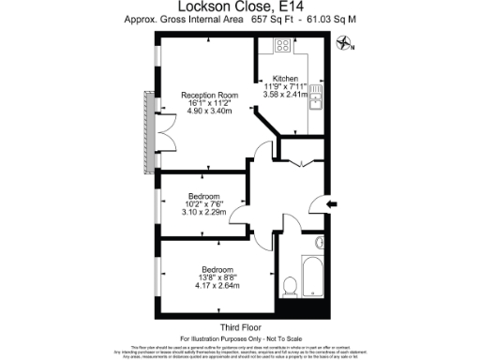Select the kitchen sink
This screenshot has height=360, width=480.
[x=316, y=95]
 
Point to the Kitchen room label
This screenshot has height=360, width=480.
[x=285, y=79]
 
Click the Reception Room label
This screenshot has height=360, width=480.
[x=209, y=95]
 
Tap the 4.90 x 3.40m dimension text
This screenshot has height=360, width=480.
[x=209, y=112]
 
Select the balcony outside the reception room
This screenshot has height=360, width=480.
[x=147, y=131]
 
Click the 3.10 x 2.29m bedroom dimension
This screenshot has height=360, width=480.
[x=203, y=211]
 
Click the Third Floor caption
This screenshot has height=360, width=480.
[x=238, y=326]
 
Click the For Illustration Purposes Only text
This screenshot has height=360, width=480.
[x=238, y=337]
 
